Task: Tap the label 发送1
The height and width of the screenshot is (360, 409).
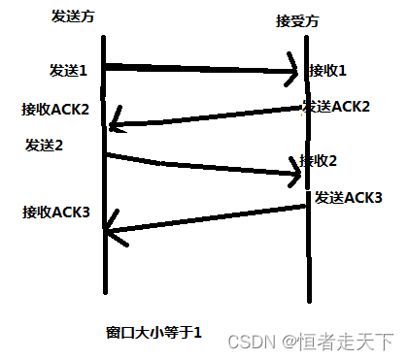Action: [x=69, y=71]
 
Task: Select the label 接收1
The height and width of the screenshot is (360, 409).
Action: [x=327, y=71]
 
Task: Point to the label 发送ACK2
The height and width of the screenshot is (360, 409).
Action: [x=336, y=106]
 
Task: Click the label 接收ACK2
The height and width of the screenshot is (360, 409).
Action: [x=55, y=109]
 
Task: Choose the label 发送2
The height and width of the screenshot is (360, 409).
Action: [x=45, y=145]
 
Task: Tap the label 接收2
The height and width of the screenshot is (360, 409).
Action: [x=319, y=160]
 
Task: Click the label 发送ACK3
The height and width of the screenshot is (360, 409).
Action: [x=348, y=198]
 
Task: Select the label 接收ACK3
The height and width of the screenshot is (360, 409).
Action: [x=56, y=211]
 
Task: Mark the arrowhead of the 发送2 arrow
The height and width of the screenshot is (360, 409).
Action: [x=294, y=174]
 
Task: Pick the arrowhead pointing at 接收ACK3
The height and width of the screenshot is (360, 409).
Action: [x=109, y=232]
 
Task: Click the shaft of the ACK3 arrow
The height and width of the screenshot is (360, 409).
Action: [x=204, y=218]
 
